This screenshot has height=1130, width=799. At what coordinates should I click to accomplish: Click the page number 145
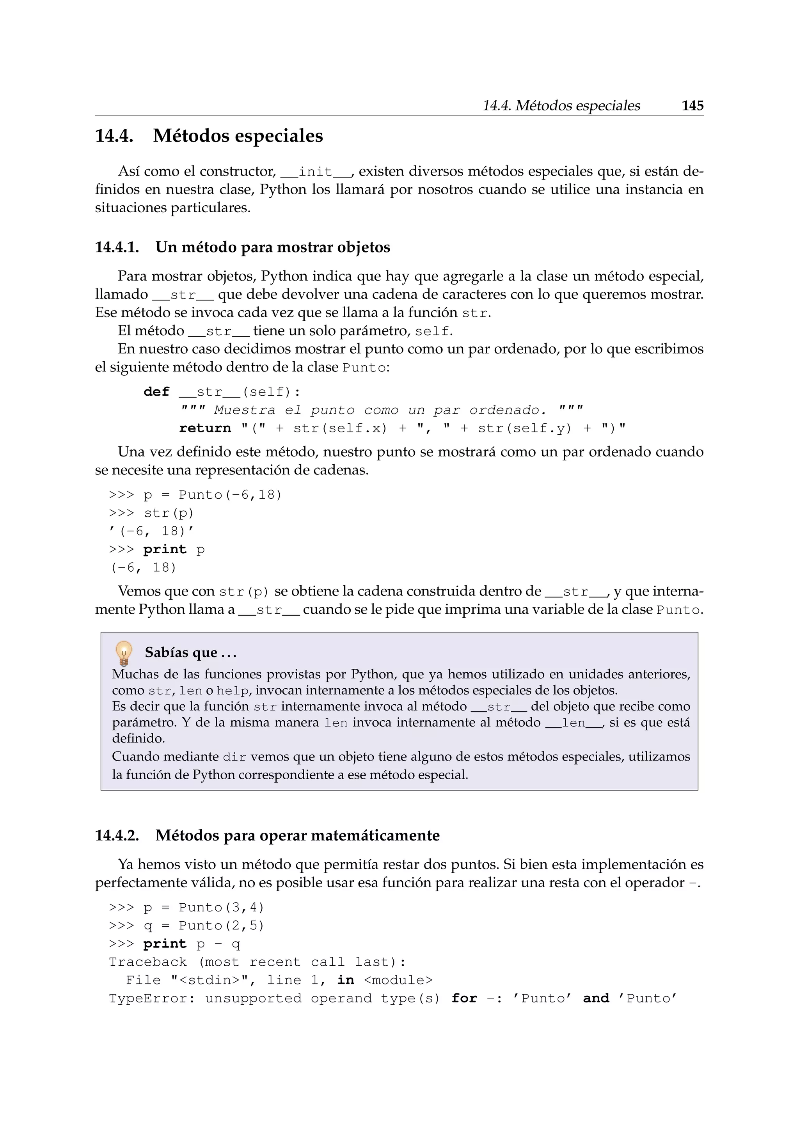(x=692, y=106)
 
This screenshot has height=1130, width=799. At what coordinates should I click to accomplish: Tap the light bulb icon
(x=124, y=653)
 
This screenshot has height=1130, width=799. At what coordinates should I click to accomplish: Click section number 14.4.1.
(x=117, y=247)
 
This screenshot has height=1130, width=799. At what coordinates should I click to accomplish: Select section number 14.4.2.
(x=117, y=836)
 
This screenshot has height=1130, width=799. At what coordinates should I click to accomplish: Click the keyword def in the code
(x=156, y=392)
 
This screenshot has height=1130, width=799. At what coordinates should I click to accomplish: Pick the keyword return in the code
(x=205, y=428)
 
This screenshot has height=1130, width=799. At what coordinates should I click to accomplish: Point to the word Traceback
(x=147, y=962)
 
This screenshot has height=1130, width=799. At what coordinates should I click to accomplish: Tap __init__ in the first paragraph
(x=315, y=172)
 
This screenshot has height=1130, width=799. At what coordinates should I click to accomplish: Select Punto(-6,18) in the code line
(x=230, y=495)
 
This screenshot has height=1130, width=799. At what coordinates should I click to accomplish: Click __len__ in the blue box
(x=574, y=723)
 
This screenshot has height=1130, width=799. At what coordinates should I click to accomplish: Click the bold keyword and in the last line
(x=596, y=999)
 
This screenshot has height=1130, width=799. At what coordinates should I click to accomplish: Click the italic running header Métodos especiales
(x=578, y=106)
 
